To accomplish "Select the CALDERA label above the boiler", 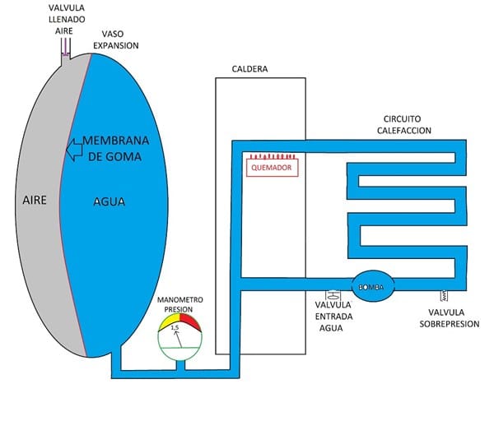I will (252, 69).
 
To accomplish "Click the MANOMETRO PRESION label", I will (179, 304).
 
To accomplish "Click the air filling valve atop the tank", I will (67, 49).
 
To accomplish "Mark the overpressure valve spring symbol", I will (445, 294).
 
